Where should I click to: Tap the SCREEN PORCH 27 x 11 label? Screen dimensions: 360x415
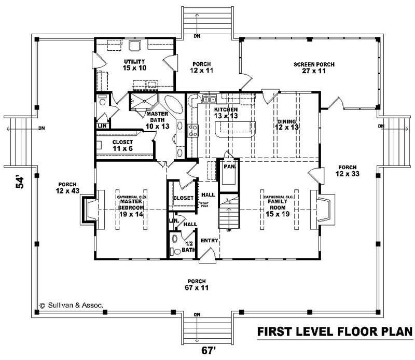click(314, 68)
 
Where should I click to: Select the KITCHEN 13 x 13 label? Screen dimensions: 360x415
click(226, 114)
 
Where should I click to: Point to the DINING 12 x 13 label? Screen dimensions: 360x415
click(286, 123)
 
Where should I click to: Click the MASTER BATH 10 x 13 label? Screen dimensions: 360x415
click(156, 120)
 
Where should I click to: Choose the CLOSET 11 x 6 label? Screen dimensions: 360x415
click(122, 145)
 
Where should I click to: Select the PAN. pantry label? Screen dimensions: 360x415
click(228, 167)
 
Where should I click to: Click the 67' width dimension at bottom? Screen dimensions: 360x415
click(208, 350)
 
